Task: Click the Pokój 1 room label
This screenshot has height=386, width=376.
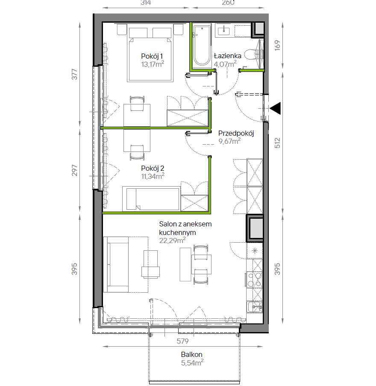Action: [152, 56]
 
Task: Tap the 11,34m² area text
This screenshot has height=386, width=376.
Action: [153, 176]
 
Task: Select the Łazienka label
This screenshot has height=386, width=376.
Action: [228, 56]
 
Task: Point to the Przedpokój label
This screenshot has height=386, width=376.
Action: [236, 134]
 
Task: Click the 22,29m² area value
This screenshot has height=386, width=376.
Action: [172, 240]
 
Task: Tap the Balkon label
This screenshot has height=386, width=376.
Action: [192, 354]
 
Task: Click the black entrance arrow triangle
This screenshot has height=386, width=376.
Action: [276, 108]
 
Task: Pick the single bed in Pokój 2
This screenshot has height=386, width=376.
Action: [151, 199]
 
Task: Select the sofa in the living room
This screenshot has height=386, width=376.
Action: [116, 264]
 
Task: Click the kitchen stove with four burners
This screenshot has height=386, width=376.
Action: [254, 279]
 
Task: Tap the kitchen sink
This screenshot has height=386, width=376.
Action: [255, 307]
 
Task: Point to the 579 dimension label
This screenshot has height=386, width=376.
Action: [182, 341]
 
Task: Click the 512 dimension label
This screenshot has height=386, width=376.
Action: [277, 143]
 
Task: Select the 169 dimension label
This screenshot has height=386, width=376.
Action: [277, 45]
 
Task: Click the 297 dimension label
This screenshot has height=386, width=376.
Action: [74, 170]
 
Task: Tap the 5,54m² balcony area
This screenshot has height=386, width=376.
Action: [192, 362]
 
